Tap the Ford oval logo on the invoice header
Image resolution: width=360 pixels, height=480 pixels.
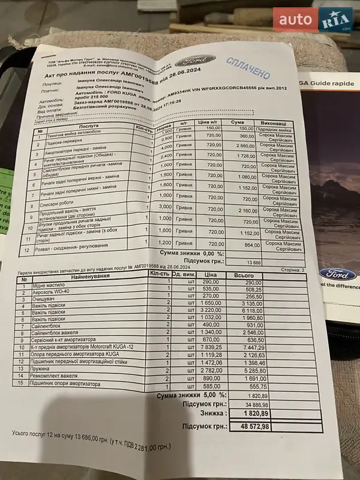[195, 60]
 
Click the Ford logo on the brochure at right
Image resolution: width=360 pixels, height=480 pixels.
[339, 274]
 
